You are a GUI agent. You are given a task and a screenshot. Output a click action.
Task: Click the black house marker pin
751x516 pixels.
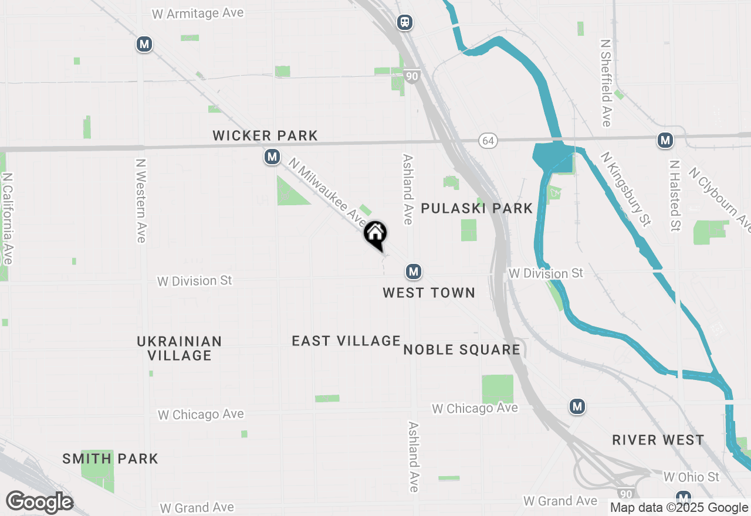375,235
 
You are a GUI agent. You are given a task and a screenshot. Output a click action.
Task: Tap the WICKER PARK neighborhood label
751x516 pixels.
265,136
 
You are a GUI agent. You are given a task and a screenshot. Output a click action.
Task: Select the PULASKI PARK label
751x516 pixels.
477,208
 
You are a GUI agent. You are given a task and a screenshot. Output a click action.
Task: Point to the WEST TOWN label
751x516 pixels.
429,293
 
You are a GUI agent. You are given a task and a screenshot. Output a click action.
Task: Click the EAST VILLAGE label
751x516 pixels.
346,341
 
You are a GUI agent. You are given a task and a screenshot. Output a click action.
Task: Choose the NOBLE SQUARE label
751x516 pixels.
462,350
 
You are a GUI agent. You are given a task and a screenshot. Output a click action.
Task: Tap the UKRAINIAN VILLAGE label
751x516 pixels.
180,348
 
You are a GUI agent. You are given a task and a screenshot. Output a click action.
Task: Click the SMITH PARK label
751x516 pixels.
110,459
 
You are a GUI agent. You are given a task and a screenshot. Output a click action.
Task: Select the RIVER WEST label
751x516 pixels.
658,440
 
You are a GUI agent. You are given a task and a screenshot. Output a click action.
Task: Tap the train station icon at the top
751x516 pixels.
404,22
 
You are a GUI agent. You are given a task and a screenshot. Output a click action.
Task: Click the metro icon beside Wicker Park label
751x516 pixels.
272,157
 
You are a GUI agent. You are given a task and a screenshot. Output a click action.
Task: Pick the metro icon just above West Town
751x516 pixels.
414,271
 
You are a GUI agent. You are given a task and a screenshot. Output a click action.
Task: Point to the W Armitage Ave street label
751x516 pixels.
198,13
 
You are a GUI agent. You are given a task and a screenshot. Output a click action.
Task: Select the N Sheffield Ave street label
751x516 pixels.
605,83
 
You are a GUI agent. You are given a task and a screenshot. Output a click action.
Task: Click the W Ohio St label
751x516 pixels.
691,477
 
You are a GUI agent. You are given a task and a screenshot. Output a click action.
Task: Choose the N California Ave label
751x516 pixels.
8,218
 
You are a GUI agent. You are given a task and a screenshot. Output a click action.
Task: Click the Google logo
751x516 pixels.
39,503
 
